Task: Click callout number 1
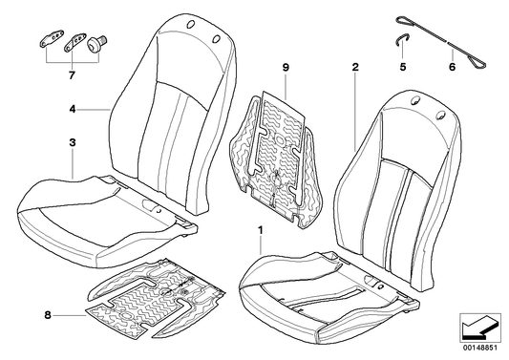pos(260,231)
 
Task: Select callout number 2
pos(354,68)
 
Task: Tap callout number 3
pos(72,143)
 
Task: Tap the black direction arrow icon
pos(477,328)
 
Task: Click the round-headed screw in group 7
pos(99,43)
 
